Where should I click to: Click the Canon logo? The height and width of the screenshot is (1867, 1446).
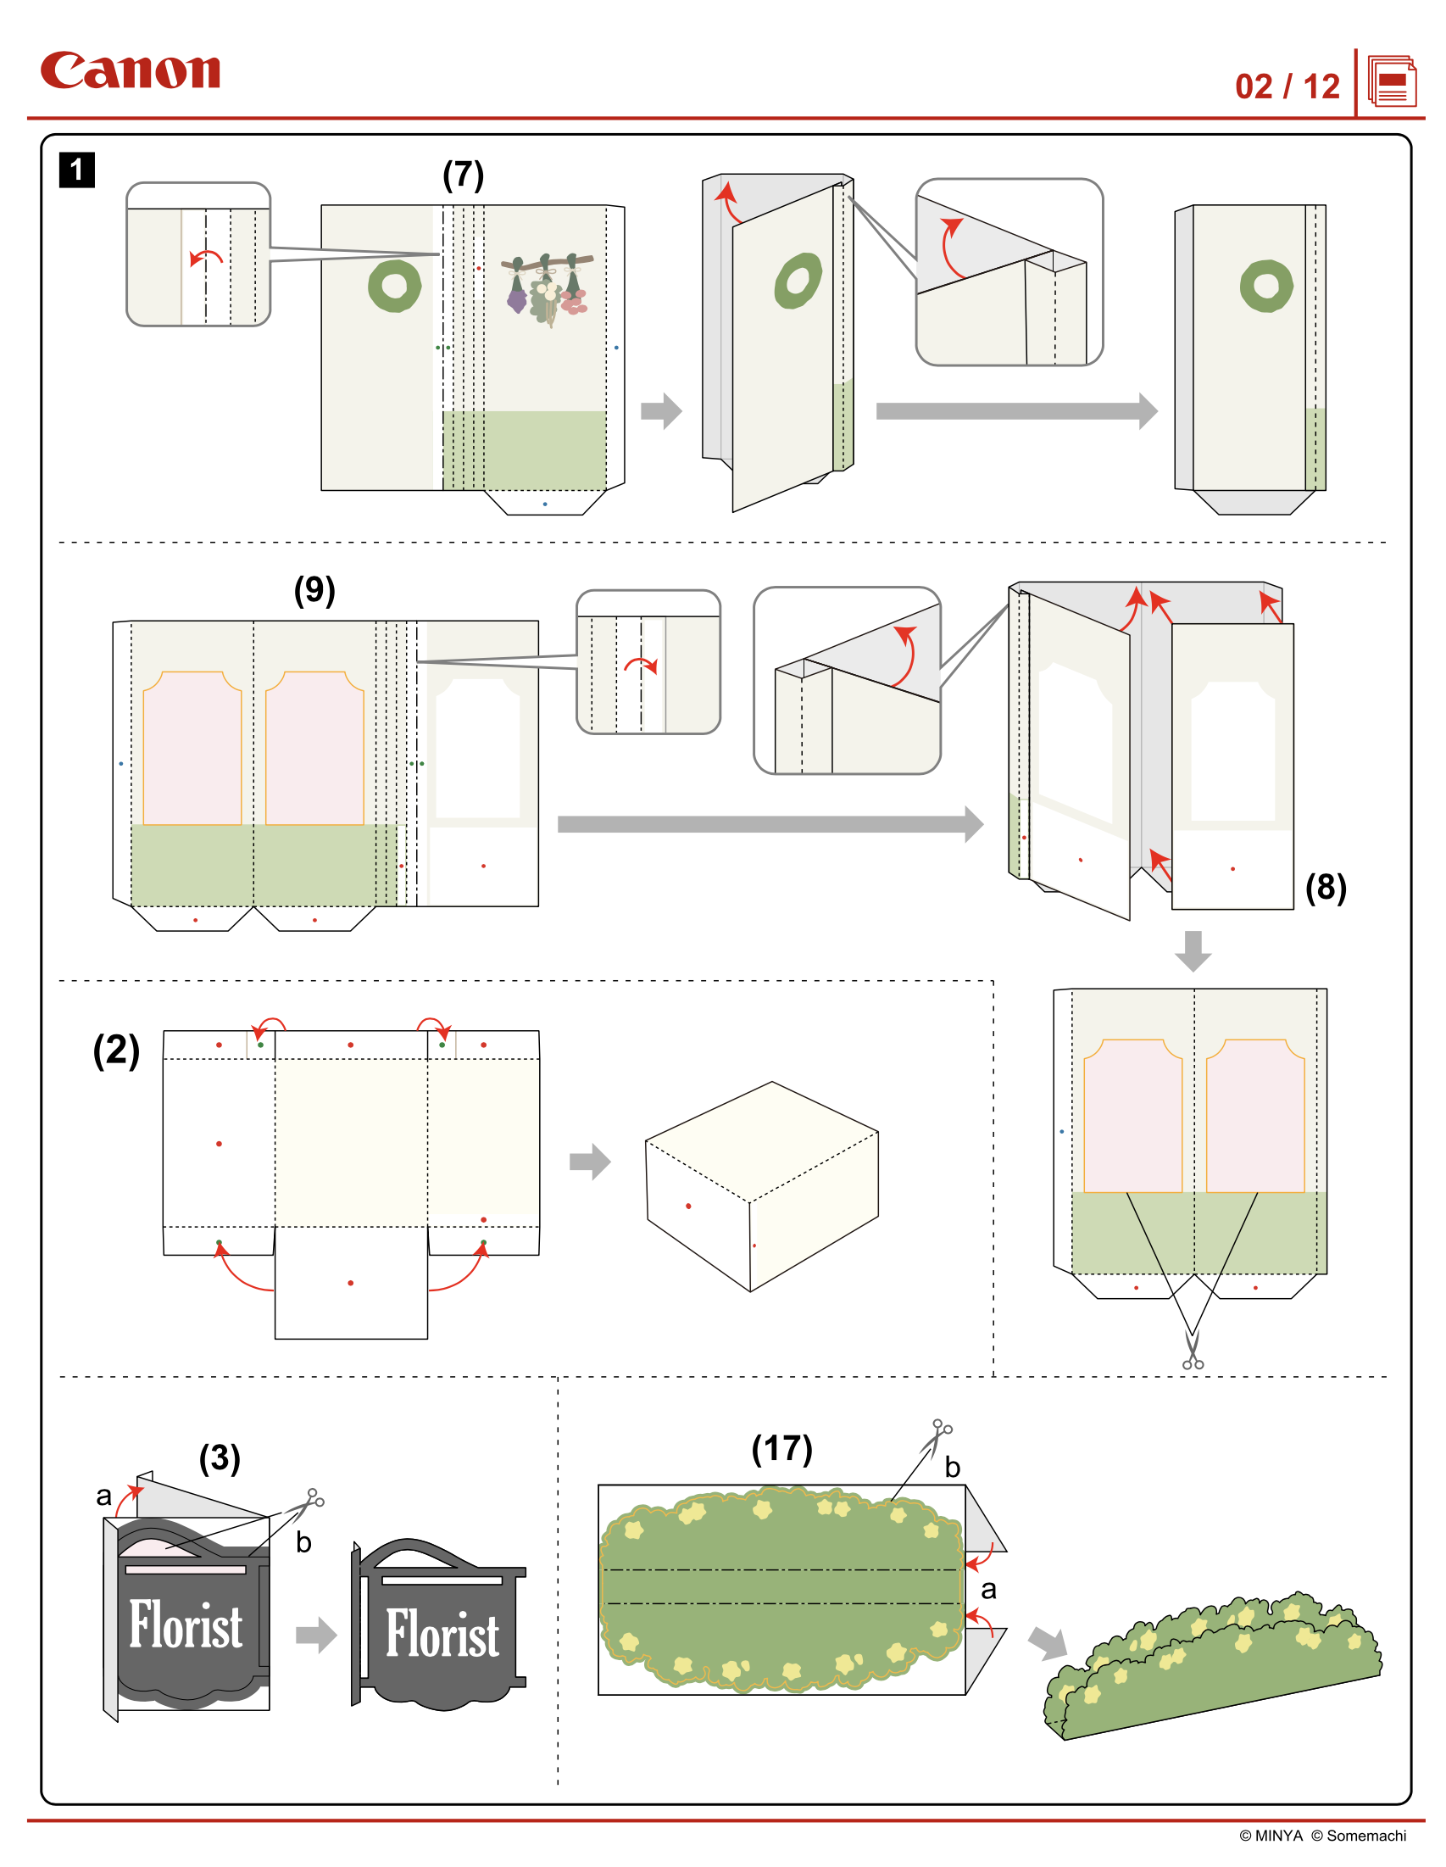(130, 71)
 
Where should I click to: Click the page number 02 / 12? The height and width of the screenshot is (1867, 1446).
(1286, 86)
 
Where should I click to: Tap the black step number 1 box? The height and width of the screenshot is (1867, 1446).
(76, 170)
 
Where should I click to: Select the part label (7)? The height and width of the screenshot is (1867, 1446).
(462, 175)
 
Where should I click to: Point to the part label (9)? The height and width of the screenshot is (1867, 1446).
(314, 590)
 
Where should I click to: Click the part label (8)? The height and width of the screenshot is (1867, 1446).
(1325, 888)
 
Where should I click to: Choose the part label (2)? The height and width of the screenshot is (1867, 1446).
(116, 1050)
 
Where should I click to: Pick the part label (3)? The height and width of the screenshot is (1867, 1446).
(220, 1457)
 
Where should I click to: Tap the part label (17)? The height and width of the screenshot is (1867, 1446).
(781, 1448)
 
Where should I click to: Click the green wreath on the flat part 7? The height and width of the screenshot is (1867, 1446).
(394, 286)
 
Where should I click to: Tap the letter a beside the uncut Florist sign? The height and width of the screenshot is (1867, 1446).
(103, 1496)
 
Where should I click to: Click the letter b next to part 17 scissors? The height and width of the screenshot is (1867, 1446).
(952, 1468)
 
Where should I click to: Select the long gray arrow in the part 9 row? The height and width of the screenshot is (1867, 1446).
(769, 824)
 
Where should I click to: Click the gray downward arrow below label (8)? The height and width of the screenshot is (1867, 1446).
(1193, 950)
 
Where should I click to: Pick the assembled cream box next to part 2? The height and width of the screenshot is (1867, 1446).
(761, 1185)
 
